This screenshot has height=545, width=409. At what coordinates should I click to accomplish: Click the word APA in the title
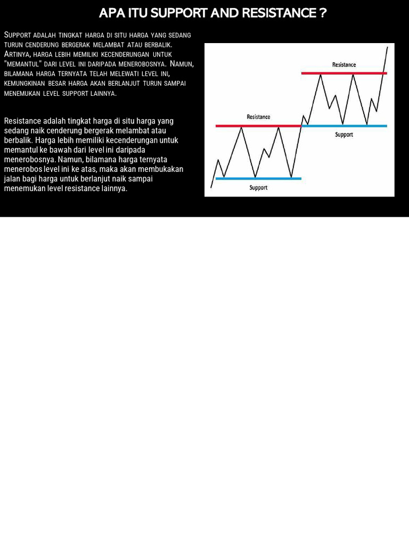[112, 13]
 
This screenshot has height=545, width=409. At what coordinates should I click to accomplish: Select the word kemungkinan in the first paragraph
[24, 84]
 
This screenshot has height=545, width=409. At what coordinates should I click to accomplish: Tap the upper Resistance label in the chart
[344, 65]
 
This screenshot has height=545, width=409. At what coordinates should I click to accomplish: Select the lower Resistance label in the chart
[258, 117]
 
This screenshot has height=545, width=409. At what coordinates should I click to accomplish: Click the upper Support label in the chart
[344, 135]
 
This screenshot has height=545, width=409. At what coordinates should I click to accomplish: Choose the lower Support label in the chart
[258, 188]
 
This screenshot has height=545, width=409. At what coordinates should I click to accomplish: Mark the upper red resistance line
[344, 73]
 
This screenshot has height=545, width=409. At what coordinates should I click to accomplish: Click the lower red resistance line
[258, 126]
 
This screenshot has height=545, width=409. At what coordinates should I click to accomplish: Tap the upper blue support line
[344, 126]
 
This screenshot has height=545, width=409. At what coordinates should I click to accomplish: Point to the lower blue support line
[258, 178]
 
